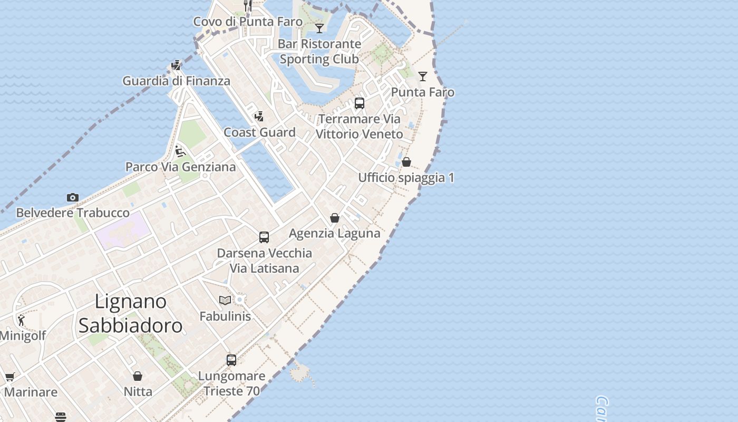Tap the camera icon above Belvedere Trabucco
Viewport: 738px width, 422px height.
[x=73, y=198]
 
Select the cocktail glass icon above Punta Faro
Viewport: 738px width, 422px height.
[x=423, y=76]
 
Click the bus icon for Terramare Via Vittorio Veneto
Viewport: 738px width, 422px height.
[x=360, y=103]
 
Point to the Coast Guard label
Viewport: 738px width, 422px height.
[x=259, y=132]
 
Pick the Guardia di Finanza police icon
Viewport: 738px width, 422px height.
[x=176, y=65]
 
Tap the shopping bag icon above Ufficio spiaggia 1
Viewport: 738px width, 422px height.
[x=406, y=162]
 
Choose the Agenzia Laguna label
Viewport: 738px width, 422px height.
[x=335, y=233]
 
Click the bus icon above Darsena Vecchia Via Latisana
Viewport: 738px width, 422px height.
[x=264, y=237]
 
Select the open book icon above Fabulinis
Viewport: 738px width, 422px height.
[x=225, y=300]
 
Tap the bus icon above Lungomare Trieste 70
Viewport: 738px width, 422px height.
[x=231, y=360]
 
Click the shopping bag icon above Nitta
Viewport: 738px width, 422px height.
[x=138, y=376]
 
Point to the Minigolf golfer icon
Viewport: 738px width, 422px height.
[x=21, y=320]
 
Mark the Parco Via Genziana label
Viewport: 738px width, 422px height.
[x=180, y=167]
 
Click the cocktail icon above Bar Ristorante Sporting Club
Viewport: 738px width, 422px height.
[x=319, y=28]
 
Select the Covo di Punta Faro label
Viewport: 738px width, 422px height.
[x=248, y=22]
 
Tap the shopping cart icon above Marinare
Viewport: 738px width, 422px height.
[x=9, y=377]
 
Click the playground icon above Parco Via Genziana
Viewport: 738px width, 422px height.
[x=180, y=151]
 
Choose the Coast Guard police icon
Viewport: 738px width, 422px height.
[x=259, y=117]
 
